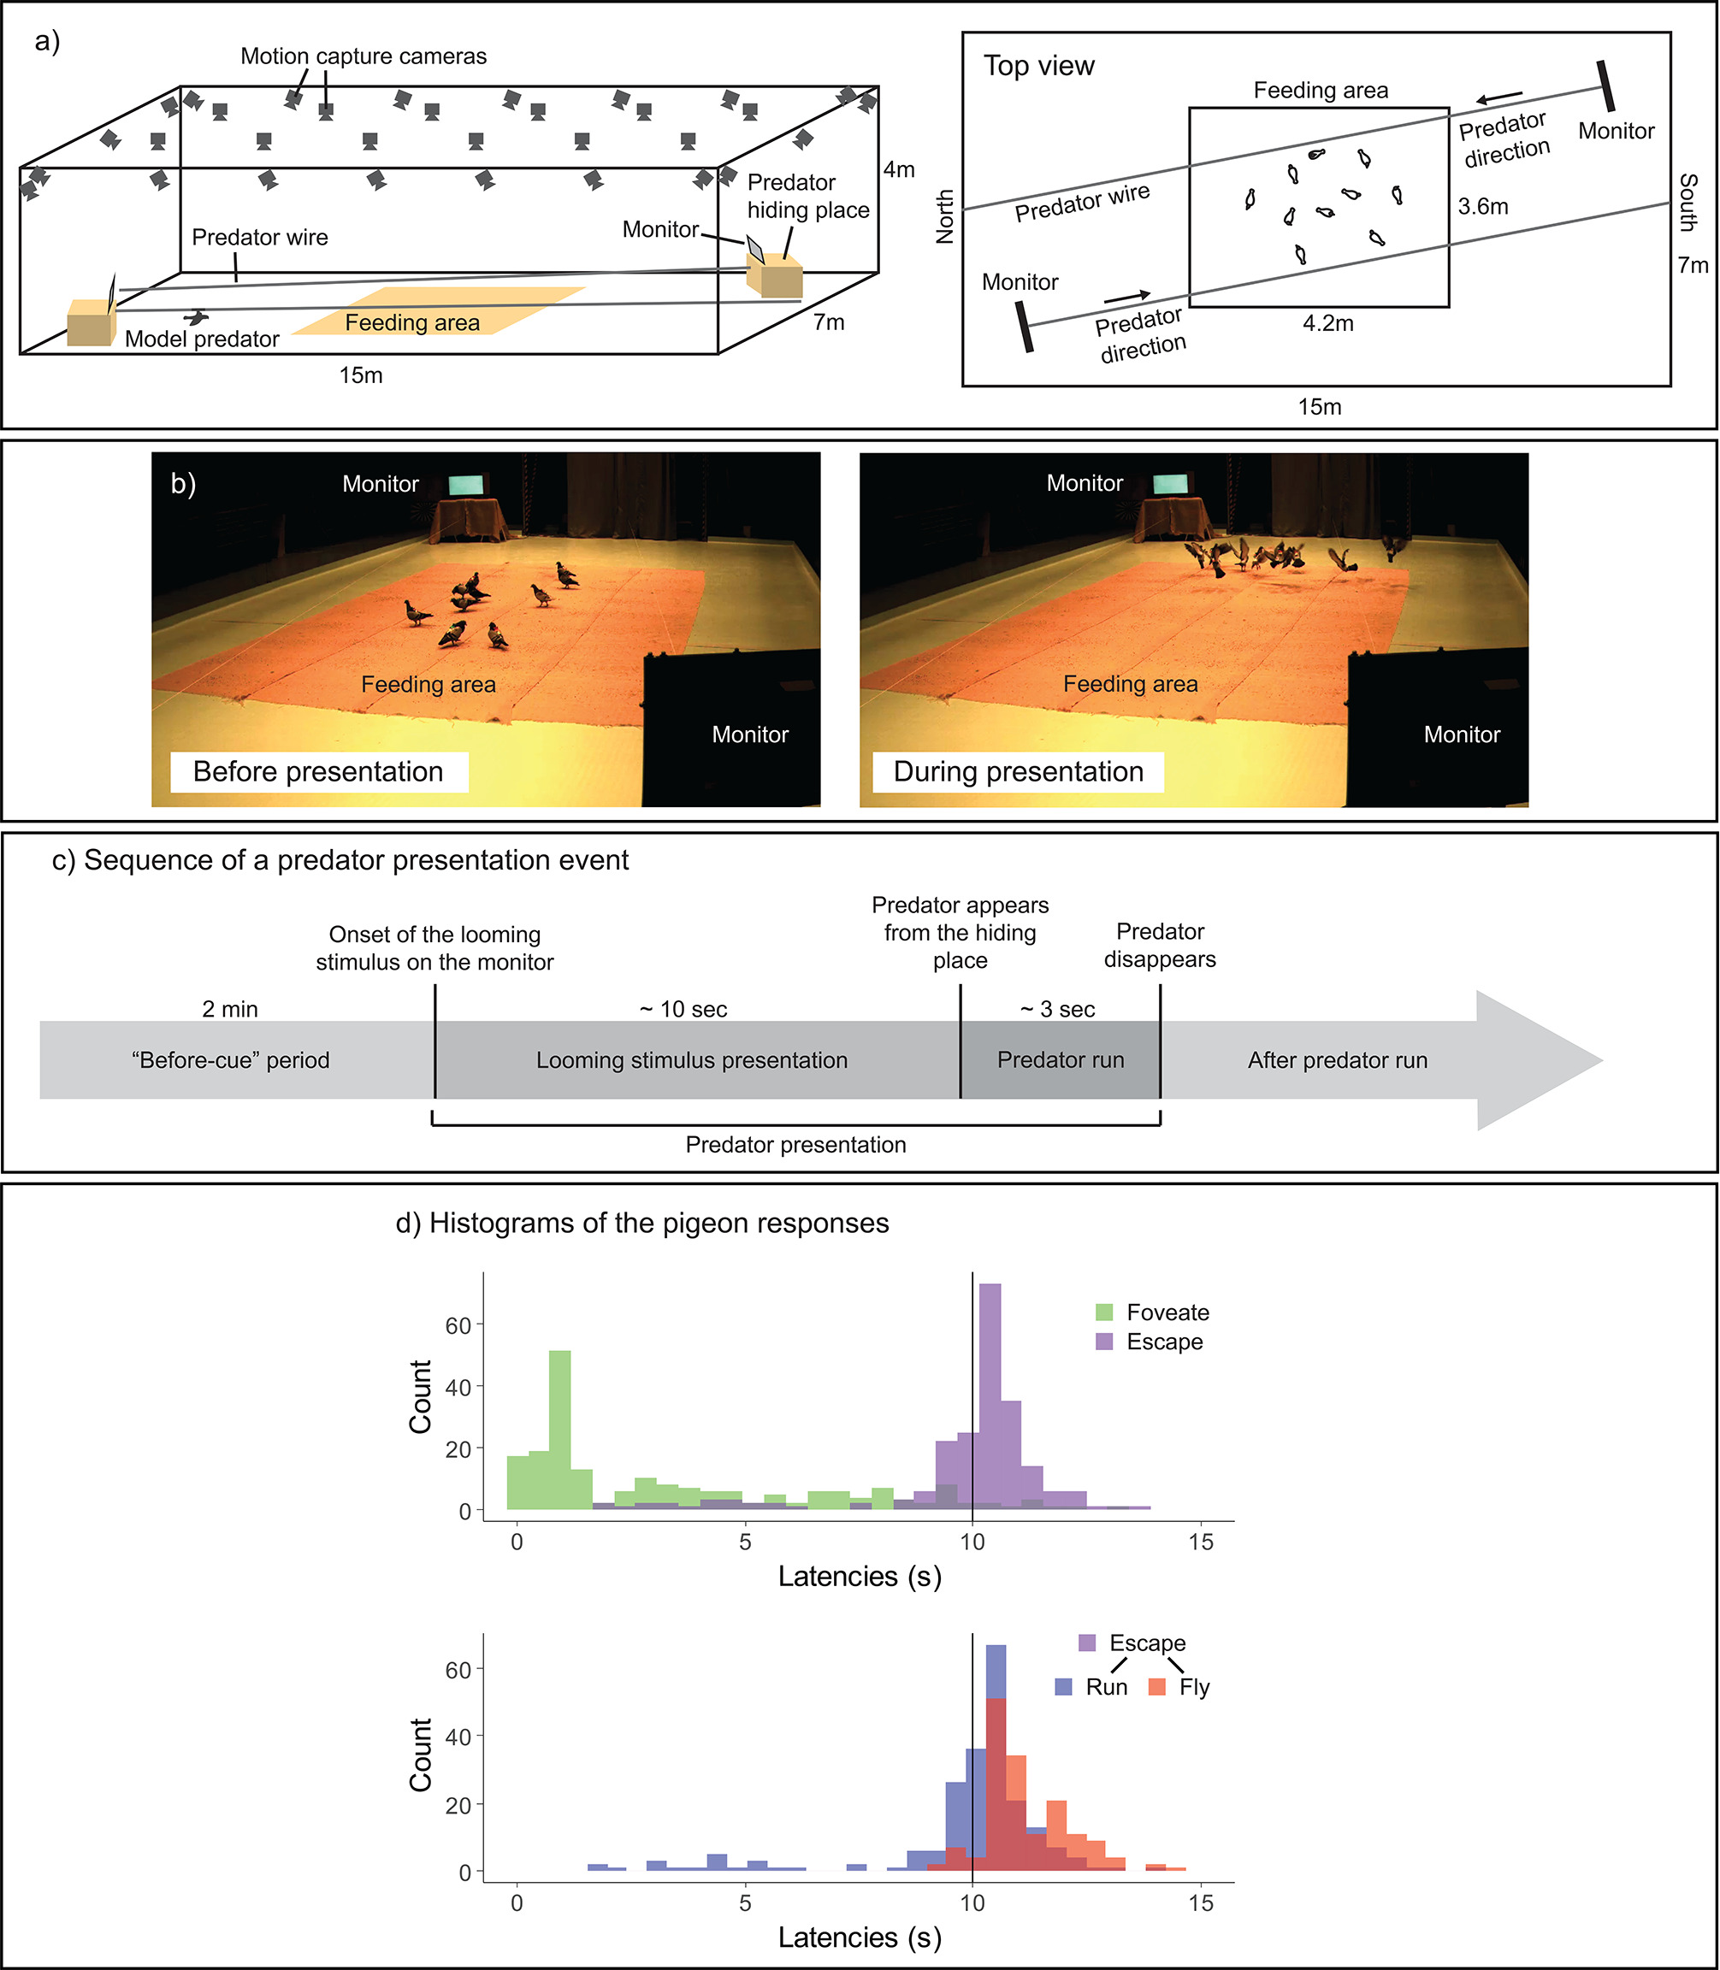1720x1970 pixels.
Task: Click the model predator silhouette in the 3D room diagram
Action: coord(198,317)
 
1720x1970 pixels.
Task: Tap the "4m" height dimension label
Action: coord(900,170)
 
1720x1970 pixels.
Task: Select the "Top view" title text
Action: coord(1038,66)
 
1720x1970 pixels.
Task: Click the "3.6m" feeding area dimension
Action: coord(1483,206)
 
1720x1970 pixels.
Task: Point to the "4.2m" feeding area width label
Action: coord(1327,324)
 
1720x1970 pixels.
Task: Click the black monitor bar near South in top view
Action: coord(1605,86)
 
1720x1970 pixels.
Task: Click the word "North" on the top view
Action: coord(945,216)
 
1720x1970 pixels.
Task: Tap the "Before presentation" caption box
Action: coord(319,771)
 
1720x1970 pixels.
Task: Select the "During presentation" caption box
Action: coord(1018,771)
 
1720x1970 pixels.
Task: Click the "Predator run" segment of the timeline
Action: coord(1061,1060)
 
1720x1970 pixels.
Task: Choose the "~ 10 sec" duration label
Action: coord(683,1010)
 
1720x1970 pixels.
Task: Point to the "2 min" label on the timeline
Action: coord(230,1010)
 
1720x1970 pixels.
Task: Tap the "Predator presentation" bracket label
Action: coord(795,1145)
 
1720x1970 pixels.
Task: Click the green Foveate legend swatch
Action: coord(1105,1312)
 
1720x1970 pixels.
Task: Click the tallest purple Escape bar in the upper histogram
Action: coord(990,1396)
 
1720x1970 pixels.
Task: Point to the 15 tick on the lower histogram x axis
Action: coord(1201,1902)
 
